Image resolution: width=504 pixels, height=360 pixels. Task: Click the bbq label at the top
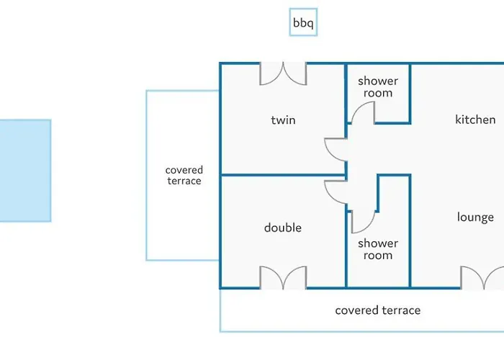pyautogui.click(x=302, y=23)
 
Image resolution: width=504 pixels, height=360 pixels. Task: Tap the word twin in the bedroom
pyautogui.click(x=283, y=120)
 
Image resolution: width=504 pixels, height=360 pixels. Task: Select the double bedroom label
pyautogui.click(x=283, y=228)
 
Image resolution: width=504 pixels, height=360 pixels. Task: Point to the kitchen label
pyautogui.click(x=475, y=120)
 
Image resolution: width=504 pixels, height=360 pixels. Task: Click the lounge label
pyautogui.click(x=475, y=217)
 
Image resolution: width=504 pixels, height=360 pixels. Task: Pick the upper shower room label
pyautogui.click(x=377, y=87)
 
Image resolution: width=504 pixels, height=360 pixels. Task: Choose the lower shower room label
pyautogui.click(x=377, y=249)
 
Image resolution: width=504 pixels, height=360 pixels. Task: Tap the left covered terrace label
pyautogui.click(x=184, y=176)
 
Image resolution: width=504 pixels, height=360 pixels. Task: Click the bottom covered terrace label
pyautogui.click(x=377, y=310)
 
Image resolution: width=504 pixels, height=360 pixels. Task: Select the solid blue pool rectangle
pyautogui.click(x=24, y=171)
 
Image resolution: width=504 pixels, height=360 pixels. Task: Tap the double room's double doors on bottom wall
pyautogui.click(x=284, y=277)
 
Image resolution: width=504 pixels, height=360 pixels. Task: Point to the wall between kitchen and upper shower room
pyautogui.click(x=410, y=94)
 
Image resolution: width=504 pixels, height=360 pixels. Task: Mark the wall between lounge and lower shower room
pyautogui.click(x=410, y=230)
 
